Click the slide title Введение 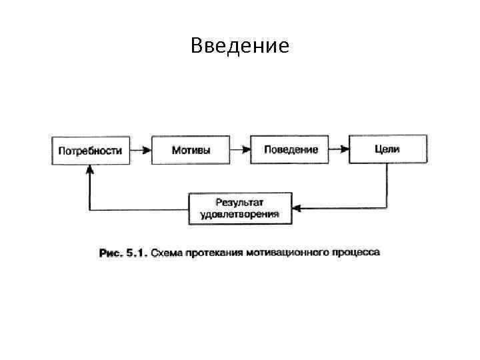(x=239, y=45)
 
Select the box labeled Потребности (x=90, y=150)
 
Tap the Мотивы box (x=191, y=150)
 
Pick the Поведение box (x=291, y=149)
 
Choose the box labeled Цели (x=387, y=149)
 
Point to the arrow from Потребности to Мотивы (x=140, y=150)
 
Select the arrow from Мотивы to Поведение (x=240, y=150)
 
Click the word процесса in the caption (x=357, y=253)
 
